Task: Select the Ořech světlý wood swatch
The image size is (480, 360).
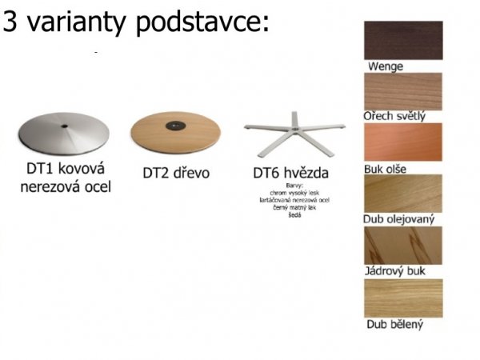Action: point(403,90)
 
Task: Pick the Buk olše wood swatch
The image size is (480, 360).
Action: point(403,142)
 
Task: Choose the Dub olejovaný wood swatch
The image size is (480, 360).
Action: point(403,193)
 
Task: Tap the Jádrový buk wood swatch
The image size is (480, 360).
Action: point(403,245)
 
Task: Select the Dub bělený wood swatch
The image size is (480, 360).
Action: point(403,297)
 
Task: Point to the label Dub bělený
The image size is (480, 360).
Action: point(394,325)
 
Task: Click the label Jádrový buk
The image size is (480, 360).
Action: point(395,272)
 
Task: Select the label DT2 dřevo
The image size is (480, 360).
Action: point(174,171)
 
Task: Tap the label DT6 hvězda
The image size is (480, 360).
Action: point(290,172)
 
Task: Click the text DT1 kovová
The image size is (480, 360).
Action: point(66,170)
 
